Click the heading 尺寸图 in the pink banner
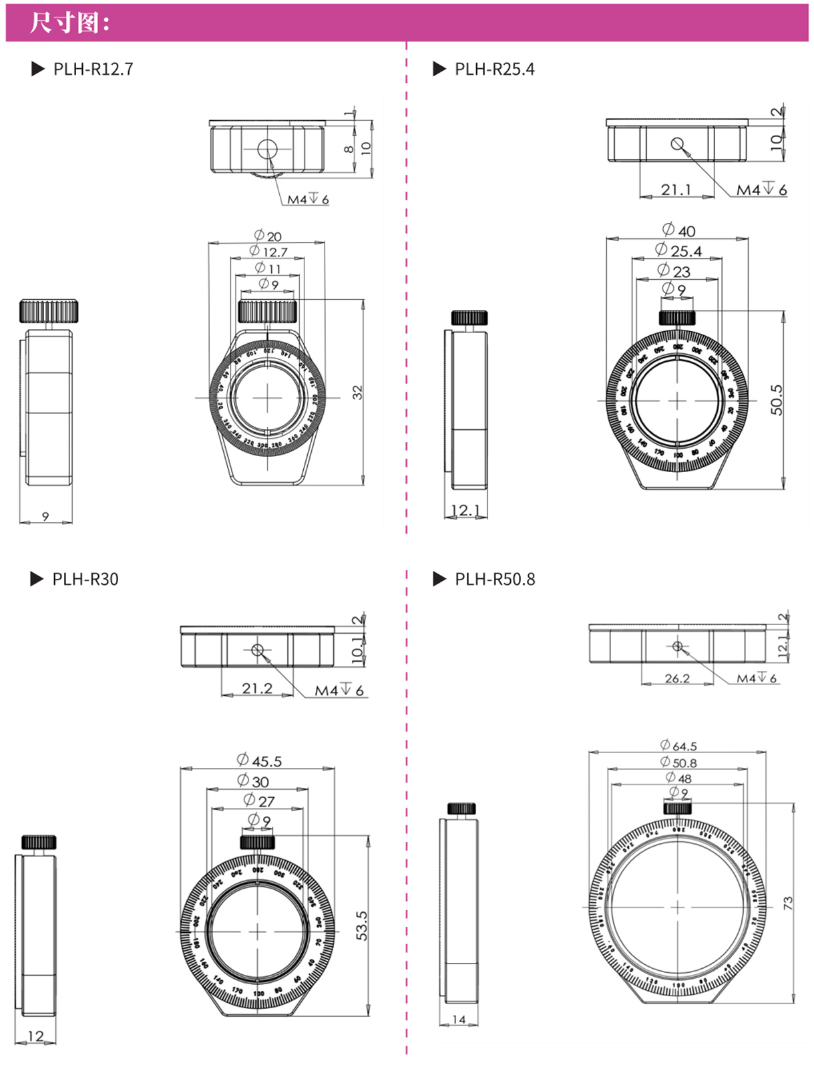click(x=69, y=23)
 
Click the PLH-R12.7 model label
click(x=93, y=69)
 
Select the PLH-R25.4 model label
click(x=494, y=69)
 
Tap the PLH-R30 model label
click(x=85, y=580)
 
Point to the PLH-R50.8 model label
click(x=495, y=580)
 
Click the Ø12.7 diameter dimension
click(x=268, y=252)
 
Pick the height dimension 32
click(x=357, y=393)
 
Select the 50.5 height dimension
click(x=777, y=400)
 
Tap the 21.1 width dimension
click(x=676, y=190)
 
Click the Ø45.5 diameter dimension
click(x=260, y=761)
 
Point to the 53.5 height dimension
click(x=361, y=926)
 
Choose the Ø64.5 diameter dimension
click(x=678, y=746)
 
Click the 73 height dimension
click(x=788, y=902)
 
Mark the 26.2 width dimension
click(x=677, y=679)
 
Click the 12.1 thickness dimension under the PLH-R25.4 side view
click(x=465, y=511)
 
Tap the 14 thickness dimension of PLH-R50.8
click(x=459, y=1020)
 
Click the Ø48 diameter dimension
click(x=678, y=779)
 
